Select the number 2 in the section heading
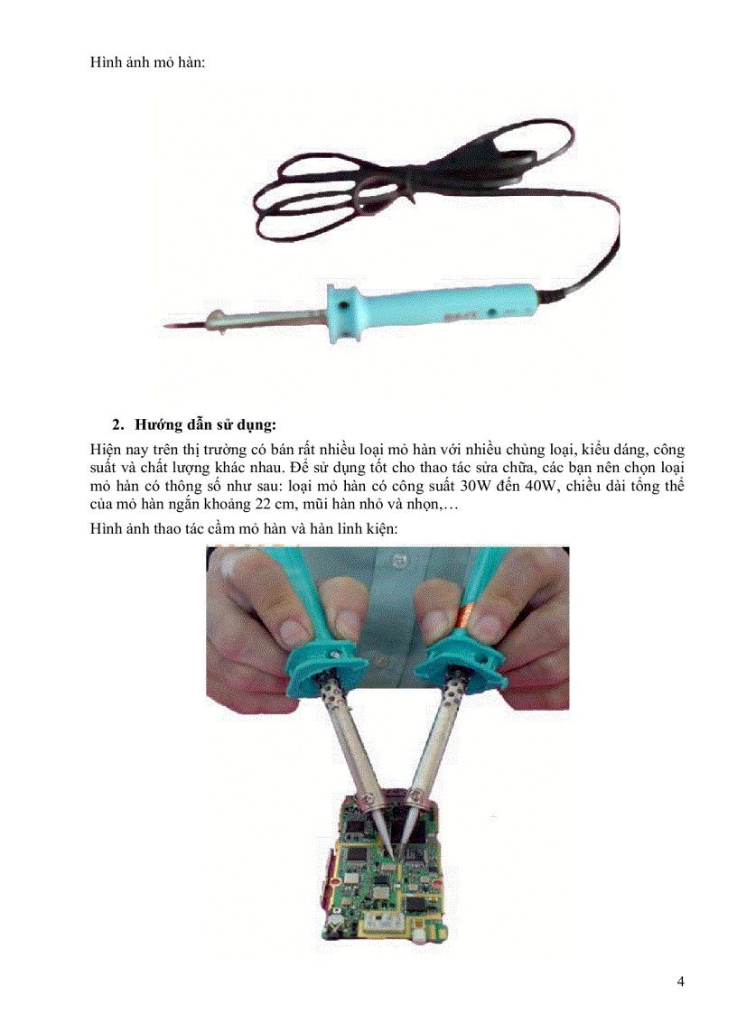tap(116, 424)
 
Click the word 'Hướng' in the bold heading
tap(156, 424)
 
